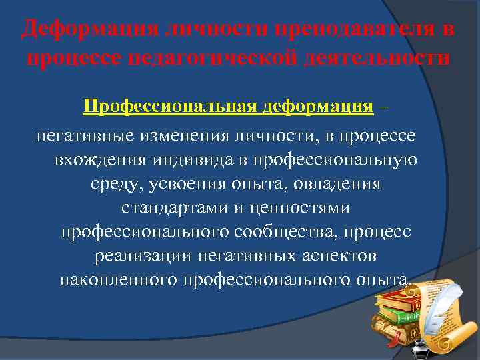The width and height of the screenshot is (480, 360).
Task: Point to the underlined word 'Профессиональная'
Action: click(171, 107)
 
